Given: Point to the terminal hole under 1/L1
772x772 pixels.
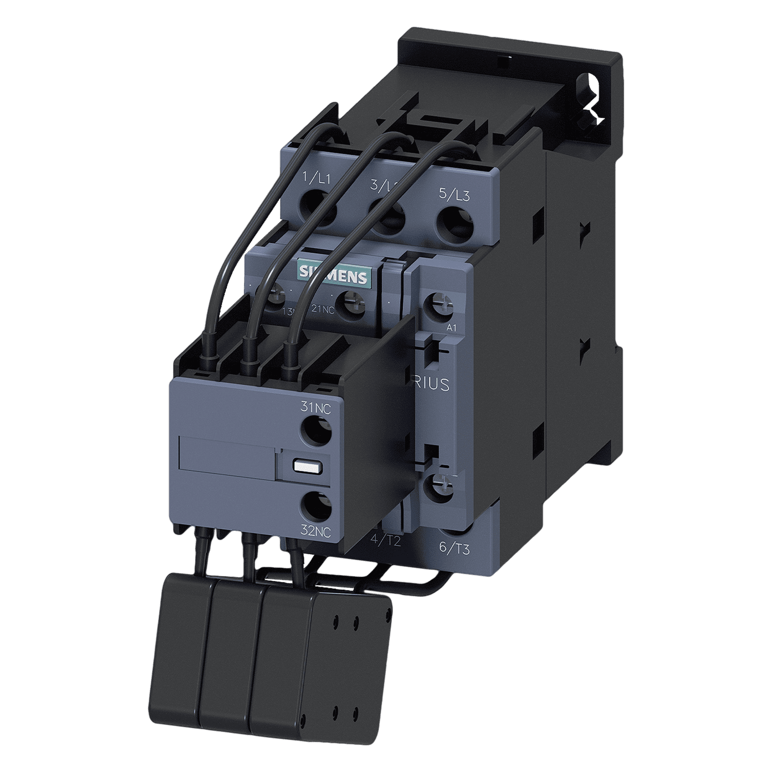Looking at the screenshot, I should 318,208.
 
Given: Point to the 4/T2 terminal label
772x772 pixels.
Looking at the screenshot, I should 385,540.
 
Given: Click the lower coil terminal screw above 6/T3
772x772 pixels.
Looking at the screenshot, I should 437,486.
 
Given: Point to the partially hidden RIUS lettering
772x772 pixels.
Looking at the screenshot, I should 434,383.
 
